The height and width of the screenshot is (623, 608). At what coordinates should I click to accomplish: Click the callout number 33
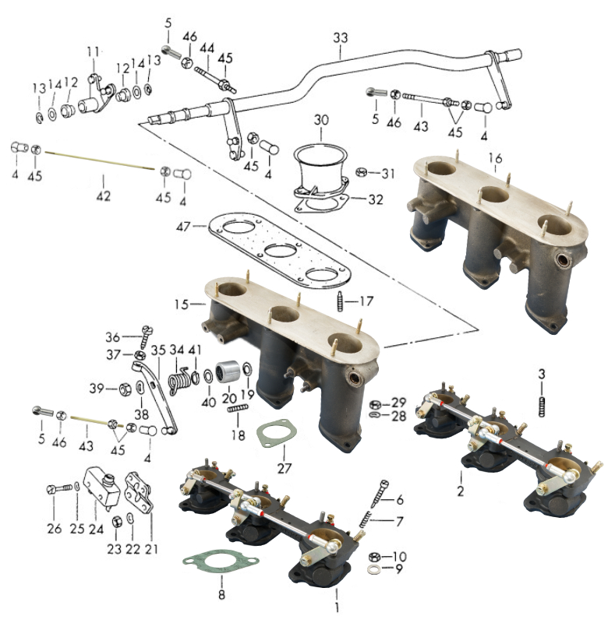341,37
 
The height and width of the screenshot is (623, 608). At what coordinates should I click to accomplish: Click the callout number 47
183,226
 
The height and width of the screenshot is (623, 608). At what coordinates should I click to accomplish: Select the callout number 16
495,159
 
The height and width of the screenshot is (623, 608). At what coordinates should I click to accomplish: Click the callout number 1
337,605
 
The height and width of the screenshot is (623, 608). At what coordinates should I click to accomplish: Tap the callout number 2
461,492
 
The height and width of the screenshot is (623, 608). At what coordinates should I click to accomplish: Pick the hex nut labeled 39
123,388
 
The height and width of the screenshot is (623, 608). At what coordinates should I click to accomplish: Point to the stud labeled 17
340,300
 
